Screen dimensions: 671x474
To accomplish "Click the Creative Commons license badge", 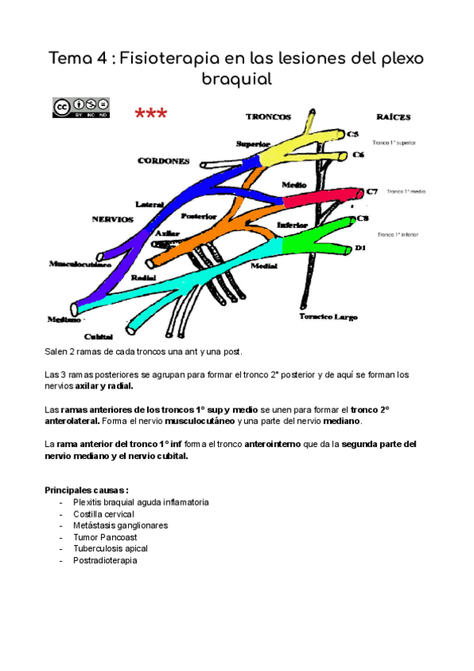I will [81, 108].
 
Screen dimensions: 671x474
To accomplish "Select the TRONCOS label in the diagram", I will [268, 116].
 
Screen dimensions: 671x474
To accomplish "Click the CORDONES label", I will [164, 161].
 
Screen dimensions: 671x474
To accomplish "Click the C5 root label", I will [353, 135].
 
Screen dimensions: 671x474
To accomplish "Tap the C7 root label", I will [373, 191].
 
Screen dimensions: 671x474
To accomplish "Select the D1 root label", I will [360, 248].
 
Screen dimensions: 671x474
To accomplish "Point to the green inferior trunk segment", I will [316, 236].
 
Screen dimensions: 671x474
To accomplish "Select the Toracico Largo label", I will [328, 317].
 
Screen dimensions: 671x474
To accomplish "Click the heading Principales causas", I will [86, 490].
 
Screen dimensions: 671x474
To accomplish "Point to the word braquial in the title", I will [236, 80].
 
